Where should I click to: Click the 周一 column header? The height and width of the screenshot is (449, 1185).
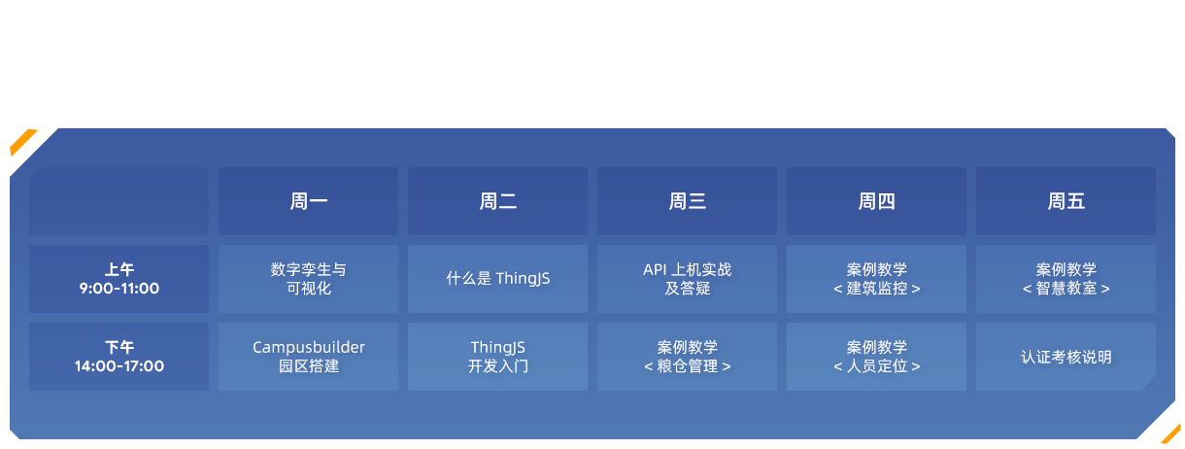pyautogui.click(x=309, y=201)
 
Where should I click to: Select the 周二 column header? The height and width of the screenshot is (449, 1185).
pyautogui.click(x=498, y=201)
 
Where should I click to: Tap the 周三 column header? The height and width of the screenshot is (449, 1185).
pyautogui.click(x=687, y=201)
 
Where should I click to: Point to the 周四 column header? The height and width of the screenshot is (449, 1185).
pyautogui.click(x=876, y=201)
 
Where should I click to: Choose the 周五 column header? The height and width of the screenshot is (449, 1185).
pyautogui.click(x=1066, y=201)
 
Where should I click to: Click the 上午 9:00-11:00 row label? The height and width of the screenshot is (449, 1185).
pyautogui.click(x=119, y=279)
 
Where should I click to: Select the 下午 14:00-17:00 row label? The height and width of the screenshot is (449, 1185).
pyautogui.click(x=119, y=357)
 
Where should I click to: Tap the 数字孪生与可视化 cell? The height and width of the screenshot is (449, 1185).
pyautogui.click(x=309, y=279)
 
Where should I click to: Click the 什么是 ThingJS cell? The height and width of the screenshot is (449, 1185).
pyautogui.click(x=498, y=279)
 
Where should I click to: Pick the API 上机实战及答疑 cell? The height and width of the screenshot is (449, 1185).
pyautogui.click(x=687, y=279)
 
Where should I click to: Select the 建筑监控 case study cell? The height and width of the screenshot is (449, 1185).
pyautogui.click(x=876, y=279)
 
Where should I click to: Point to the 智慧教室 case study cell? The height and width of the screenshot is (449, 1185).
pyautogui.click(x=1066, y=279)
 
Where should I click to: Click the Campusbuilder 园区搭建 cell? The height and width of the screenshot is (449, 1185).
pyautogui.click(x=309, y=357)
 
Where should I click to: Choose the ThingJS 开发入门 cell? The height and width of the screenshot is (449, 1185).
pyautogui.click(x=498, y=357)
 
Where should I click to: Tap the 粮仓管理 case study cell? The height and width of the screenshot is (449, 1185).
pyautogui.click(x=687, y=357)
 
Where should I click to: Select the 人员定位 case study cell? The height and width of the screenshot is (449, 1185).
pyautogui.click(x=876, y=357)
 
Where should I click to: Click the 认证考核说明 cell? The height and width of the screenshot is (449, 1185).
pyautogui.click(x=1066, y=357)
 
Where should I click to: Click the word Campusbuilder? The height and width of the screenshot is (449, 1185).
pyautogui.click(x=309, y=347)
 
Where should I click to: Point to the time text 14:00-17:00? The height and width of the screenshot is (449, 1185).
pyautogui.click(x=119, y=365)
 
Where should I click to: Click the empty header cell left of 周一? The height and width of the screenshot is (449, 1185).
pyautogui.click(x=119, y=201)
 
